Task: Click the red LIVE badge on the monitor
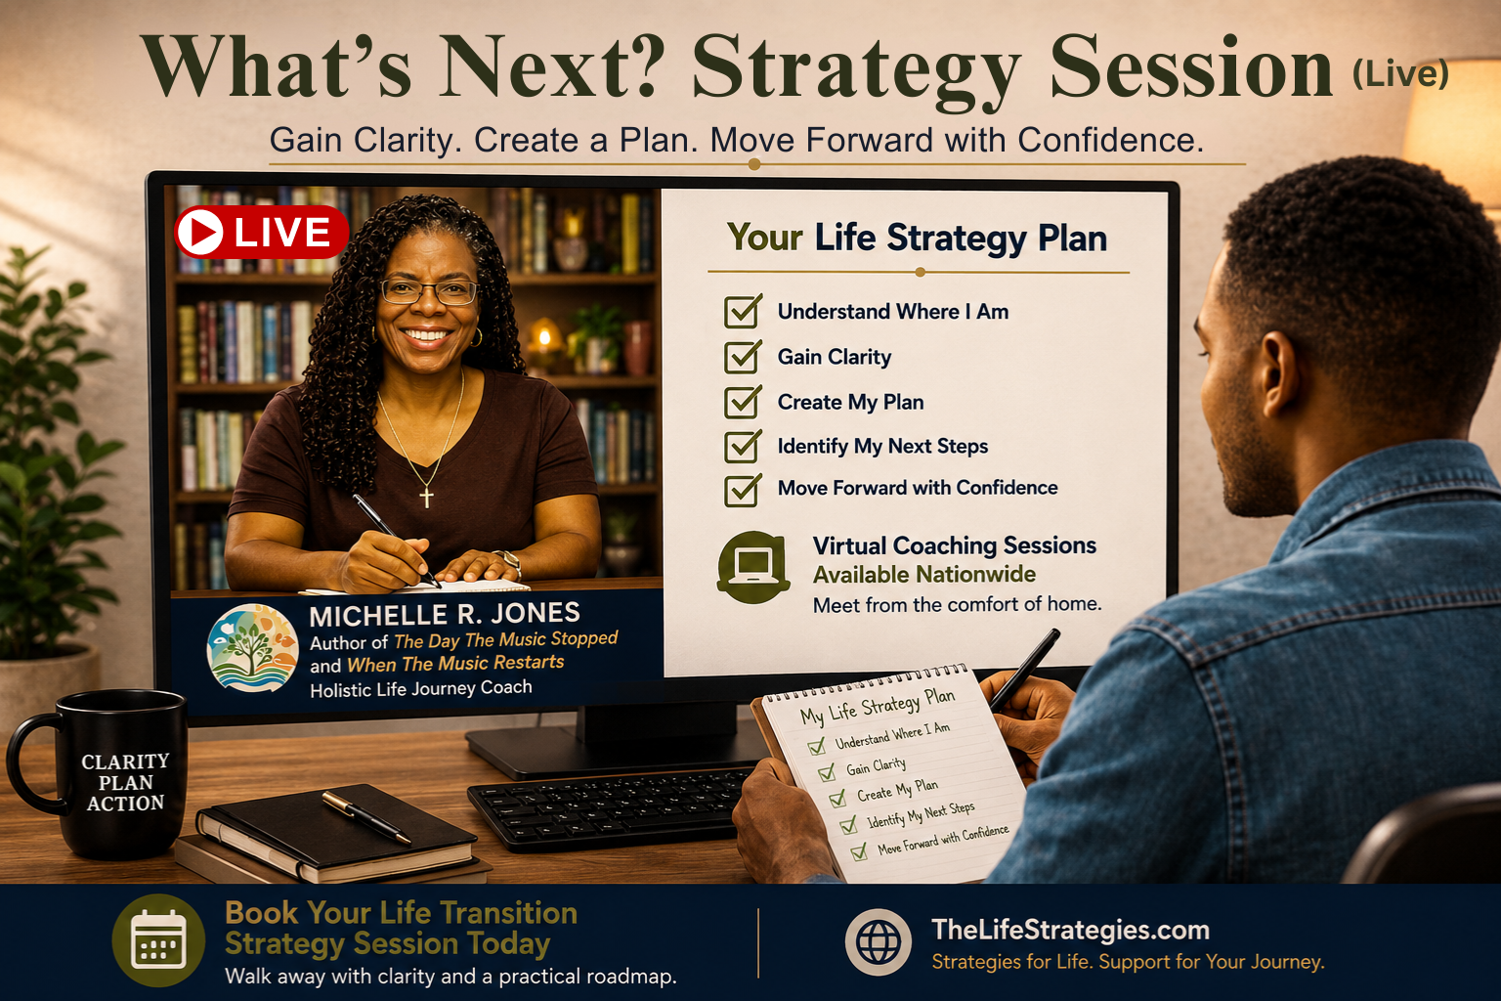(x=261, y=232)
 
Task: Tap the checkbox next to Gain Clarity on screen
(x=743, y=356)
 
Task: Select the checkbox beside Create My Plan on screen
(x=743, y=402)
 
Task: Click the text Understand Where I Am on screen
(x=892, y=312)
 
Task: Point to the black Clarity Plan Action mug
(x=101, y=774)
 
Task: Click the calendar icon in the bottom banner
(x=158, y=940)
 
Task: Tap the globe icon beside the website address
(x=878, y=942)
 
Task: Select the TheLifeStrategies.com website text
(x=1070, y=930)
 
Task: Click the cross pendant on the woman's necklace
(x=426, y=497)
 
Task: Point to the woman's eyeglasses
(x=429, y=291)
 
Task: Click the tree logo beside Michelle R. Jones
(x=253, y=648)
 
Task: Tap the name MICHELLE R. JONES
(x=445, y=614)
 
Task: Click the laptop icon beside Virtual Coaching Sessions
(x=753, y=567)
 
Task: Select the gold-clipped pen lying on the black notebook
(x=365, y=817)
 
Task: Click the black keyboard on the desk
(x=610, y=807)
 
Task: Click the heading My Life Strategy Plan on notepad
(x=878, y=706)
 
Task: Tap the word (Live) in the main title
(x=1400, y=73)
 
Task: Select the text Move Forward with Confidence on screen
(x=918, y=488)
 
